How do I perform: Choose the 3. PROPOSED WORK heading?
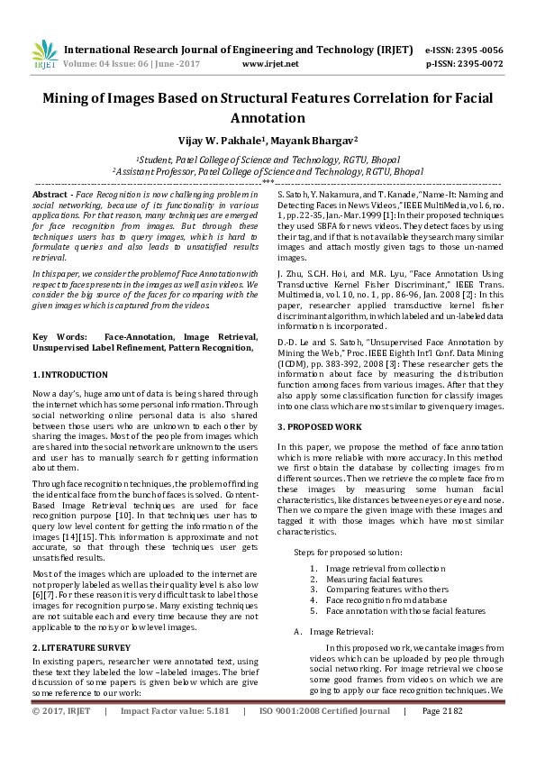click(321, 425)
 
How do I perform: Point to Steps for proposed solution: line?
click(348, 551)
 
